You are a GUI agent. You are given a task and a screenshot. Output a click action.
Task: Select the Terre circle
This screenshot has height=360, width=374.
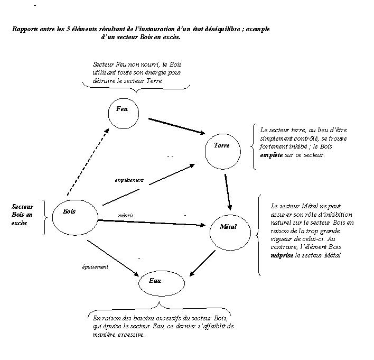point(222,150)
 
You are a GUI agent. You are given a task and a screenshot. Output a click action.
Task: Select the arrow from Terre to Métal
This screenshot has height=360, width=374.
point(228,191)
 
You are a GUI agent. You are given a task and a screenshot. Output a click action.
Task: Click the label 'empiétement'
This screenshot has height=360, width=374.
point(129,180)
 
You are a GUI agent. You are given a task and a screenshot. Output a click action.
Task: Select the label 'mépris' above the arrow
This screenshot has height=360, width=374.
point(126,215)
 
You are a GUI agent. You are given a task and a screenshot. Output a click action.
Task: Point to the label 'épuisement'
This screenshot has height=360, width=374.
point(95,267)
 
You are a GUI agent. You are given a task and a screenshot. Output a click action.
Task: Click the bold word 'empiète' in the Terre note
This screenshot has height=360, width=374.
point(272,156)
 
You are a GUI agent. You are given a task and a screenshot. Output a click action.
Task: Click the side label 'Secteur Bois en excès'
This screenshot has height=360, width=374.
point(22,215)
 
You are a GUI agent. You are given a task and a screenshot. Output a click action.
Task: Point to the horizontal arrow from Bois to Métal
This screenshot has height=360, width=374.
point(153,223)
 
